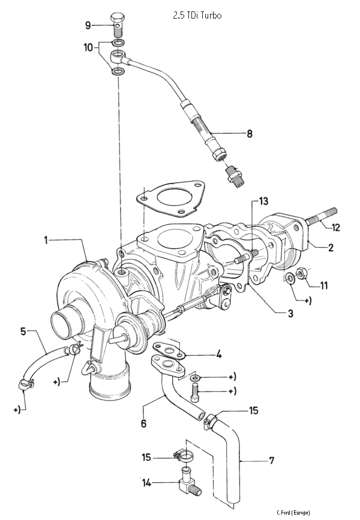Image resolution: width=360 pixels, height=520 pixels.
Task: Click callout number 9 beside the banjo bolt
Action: point(88,25)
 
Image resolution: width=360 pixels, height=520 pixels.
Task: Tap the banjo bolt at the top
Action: point(117,24)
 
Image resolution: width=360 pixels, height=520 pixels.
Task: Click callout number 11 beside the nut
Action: point(323,285)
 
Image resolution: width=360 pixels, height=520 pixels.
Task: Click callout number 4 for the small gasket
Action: point(219,354)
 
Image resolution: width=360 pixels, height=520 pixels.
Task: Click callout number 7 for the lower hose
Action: point(271,461)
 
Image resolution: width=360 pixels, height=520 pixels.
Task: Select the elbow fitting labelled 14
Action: point(188,483)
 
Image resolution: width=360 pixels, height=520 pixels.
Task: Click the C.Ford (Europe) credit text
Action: point(293,512)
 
